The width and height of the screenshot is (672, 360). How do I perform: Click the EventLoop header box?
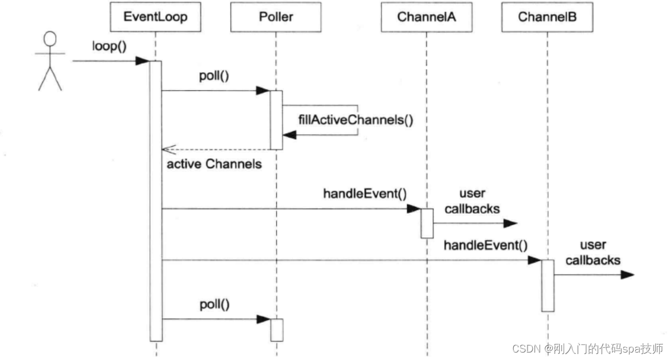pos(155,18)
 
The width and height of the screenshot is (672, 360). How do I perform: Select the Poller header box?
pos(276,18)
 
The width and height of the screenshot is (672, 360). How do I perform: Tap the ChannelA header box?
pos(427,18)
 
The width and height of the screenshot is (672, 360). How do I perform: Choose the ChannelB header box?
pos(547,18)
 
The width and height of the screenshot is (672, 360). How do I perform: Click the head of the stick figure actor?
pos(50,40)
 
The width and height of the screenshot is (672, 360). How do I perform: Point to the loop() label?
pos(108,46)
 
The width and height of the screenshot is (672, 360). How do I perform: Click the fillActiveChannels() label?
pos(355,120)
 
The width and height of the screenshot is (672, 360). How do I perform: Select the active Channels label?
pos(214,165)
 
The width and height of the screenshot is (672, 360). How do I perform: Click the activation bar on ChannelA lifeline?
pos(427,223)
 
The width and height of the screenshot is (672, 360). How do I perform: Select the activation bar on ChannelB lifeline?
pos(547,285)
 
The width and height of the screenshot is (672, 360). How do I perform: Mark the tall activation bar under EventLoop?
pos(155,201)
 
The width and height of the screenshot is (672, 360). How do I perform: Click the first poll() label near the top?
pos(215,75)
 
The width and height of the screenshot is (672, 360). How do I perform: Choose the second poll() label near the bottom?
pos(215,304)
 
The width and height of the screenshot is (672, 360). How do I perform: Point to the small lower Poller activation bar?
pos(276,330)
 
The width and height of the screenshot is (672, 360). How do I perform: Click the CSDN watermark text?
pos(587,348)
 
